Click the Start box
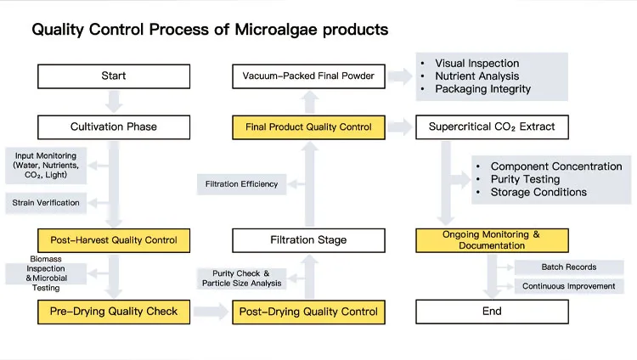pyautogui.click(x=114, y=76)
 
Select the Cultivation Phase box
pyautogui.click(x=114, y=127)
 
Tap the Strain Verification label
pyautogui.click(x=46, y=203)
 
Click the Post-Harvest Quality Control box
pyautogui.click(x=114, y=240)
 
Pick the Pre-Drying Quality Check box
pyautogui.click(x=114, y=312)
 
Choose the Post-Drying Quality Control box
pyautogui.click(x=308, y=312)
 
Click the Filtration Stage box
pyautogui.click(x=308, y=240)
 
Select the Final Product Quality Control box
pyautogui.click(x=308, y=127)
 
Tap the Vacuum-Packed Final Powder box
pyautogui.click(x=308, y=76)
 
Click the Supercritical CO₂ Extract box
pyautogui.click(x=492, y=127)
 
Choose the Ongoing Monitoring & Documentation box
pyautogui.click(x=492, y=240)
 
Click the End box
pyautogui.click(x=492, y=312)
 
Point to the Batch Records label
pyautogui.click(x=568, y=267)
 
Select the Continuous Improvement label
pyautogui.click(x=568, y=286)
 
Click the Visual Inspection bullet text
pyautogui.click(x=476, y=64)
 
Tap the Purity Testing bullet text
pyautogui.click(x=525, y=179)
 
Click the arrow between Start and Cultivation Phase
pyautogui.click(x=114, y=102)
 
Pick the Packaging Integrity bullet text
pyautogui.click(x=482, y=89)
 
